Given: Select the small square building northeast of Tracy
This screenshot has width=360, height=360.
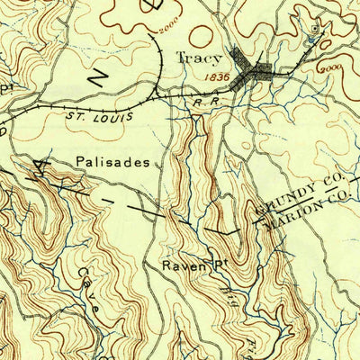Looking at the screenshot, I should [311, 29].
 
